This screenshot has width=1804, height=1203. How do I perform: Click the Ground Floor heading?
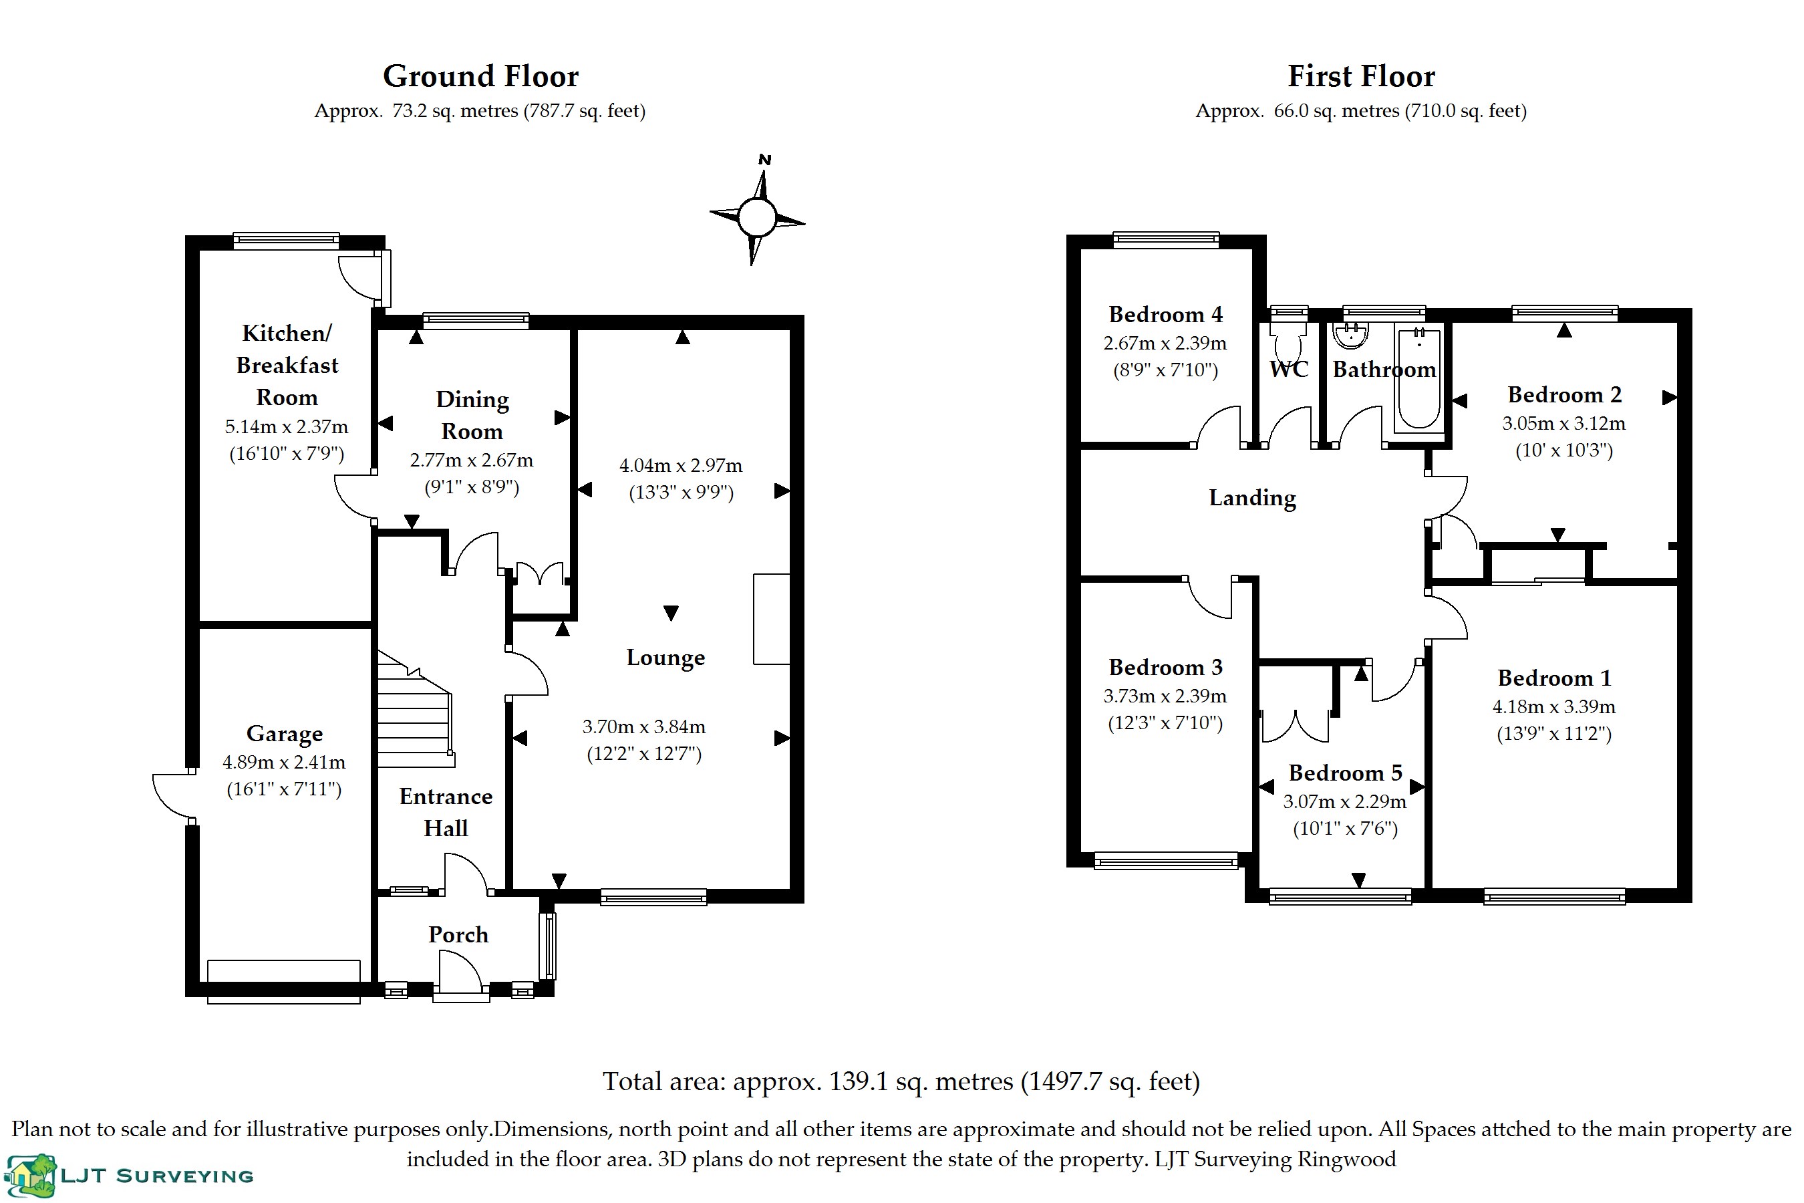[481, 76]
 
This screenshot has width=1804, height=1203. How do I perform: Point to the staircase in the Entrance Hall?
[416, 709]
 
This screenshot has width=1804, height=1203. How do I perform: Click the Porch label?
[458, 934]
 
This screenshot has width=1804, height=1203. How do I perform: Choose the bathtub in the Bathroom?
[1418, 378]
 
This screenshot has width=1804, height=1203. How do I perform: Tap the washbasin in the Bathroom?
[1351, 336]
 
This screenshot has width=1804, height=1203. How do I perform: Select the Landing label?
[1253, 498]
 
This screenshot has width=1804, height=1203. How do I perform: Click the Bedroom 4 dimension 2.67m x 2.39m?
[1165, 343]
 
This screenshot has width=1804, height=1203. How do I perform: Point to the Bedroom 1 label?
[1554, 678]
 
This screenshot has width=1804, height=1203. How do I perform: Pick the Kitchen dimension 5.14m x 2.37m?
[286, 426]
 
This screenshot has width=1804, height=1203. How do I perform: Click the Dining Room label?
[472, 415]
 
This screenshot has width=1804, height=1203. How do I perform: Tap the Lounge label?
[665, 658]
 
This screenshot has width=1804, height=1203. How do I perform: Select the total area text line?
[901, 1081]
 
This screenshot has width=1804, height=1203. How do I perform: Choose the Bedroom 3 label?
[1165, 668]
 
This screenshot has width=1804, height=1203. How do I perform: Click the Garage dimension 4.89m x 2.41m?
[284, 763]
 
